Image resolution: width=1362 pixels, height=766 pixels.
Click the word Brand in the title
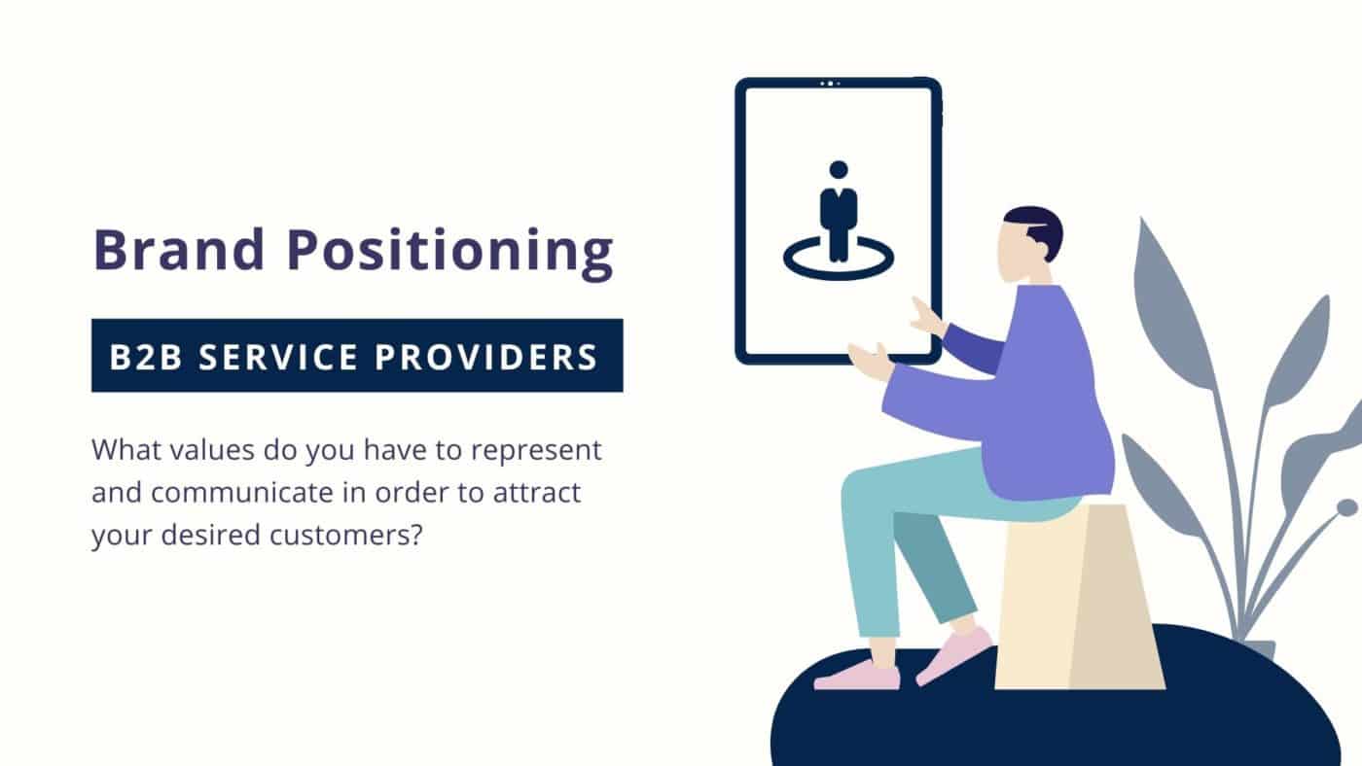click(x=179, y=249)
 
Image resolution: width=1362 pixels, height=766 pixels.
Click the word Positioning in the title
click(x=449, y=254)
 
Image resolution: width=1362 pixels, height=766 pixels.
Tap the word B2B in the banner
click(x=146, y=357)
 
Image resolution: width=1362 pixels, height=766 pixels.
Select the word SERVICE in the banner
click(x=278, y=357)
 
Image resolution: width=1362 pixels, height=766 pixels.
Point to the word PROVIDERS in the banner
click(x=486, y=357)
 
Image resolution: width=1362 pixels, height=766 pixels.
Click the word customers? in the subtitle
click(x=345, y=536)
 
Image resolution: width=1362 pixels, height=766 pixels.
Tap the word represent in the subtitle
click(x=536, y=451)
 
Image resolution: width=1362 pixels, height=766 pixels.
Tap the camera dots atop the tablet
click(x=830, y=84)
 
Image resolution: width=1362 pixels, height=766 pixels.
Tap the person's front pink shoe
click(x=857, y=677)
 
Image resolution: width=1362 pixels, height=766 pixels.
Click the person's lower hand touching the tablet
click(x=871, y=362)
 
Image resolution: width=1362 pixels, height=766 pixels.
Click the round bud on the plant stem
click(x=1347, y=507)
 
